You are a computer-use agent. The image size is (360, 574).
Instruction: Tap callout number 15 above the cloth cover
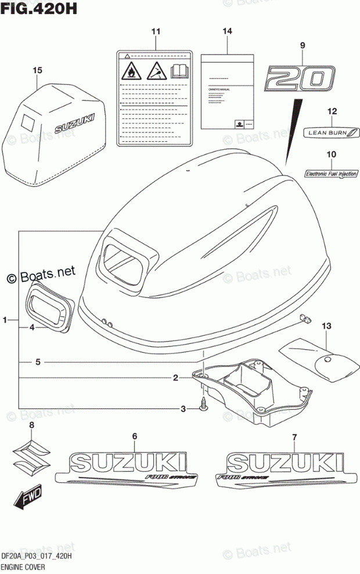click(x=38, y=71)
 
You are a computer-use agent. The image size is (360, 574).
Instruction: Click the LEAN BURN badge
click(x=329, y=133)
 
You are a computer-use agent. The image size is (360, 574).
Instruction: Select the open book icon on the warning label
click(x=180, y=72)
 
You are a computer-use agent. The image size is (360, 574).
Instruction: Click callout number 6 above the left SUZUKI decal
click(x=134, y=436)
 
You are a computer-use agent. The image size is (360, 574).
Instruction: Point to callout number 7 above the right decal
click(x=294, y=436)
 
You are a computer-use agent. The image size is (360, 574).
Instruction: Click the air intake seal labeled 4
click(x=48, y=308)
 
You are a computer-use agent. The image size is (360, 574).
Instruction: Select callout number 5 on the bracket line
click(x=38, y=362)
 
